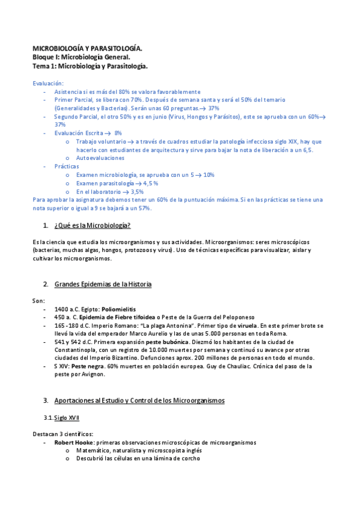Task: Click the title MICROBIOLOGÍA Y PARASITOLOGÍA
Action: [x=87, y=47]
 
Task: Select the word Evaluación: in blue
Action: [x=48, y=83]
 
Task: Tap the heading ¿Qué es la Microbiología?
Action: [x=93, y=226]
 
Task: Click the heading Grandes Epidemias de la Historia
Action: [x=103, y=284]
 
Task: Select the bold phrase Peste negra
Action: [x=89, y=366]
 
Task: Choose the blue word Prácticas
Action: [x=66, y=166]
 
